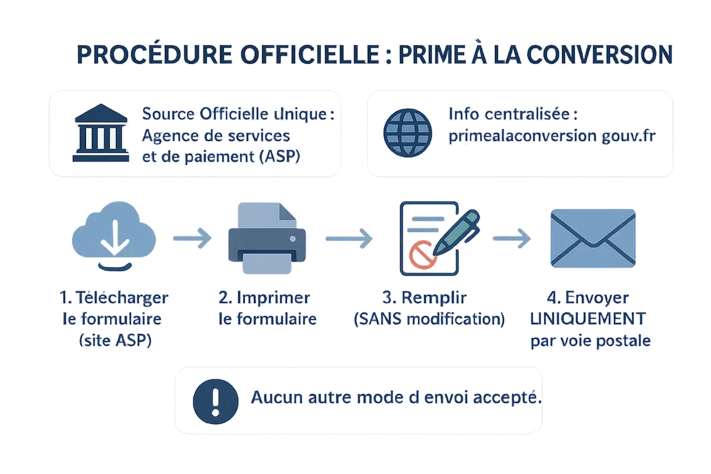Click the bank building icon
101,133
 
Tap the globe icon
408,133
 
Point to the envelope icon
593,239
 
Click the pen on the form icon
456,233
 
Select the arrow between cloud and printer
192,238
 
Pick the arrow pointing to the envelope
512,238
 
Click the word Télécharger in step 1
121,298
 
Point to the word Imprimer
273,298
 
